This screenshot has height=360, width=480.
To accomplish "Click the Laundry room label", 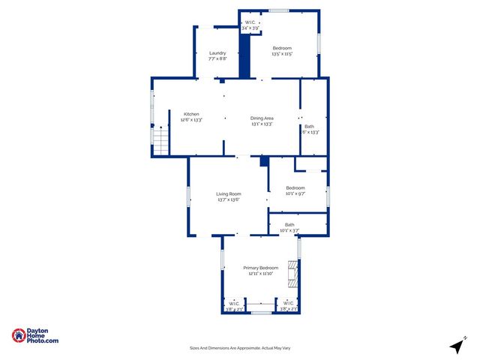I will click(217, 53).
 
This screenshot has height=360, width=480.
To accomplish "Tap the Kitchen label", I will click(191, 114).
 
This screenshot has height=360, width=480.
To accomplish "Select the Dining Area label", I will click(262, 118).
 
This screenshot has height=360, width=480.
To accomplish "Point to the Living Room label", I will click(228, 194).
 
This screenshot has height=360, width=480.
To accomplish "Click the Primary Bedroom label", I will click(261, 268).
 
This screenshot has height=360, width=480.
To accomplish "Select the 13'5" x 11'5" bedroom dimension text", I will click(282, 54).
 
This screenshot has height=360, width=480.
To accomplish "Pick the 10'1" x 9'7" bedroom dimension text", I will click(295, 193).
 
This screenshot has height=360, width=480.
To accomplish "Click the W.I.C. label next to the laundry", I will click(250, 23).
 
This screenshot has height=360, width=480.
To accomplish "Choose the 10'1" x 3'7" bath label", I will click(289, 230).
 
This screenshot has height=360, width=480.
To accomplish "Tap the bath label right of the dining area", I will click(309, 126).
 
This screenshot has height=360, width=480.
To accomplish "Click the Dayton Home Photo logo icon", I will click(19, 336).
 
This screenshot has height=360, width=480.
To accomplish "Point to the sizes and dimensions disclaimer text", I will click(240, 348).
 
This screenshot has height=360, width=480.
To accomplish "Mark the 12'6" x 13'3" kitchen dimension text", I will click(191, 119).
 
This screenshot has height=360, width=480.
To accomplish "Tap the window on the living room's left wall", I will click(188, 197).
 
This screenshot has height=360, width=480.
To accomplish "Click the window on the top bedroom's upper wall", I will click(280, 10).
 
